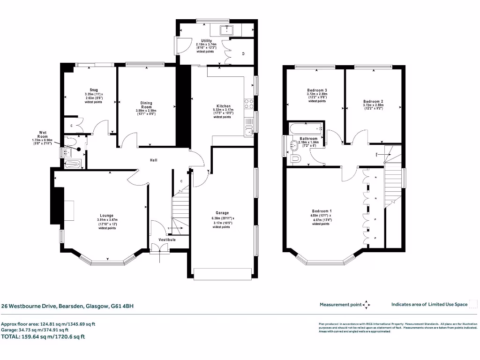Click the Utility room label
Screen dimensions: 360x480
206,41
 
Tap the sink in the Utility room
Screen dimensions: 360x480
229,30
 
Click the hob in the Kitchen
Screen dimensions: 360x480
249,104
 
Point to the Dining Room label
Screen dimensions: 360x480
146,105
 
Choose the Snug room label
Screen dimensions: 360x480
94,90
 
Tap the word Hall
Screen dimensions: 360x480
153,160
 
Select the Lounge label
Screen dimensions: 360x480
107,216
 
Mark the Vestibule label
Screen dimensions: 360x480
167,240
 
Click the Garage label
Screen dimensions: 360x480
222,213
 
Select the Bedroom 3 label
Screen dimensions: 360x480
317,90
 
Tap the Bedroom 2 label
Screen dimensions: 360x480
373,101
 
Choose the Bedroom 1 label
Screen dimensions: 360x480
321,211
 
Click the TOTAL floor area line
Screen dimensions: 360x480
43,337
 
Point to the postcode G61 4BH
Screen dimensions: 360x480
122,306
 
